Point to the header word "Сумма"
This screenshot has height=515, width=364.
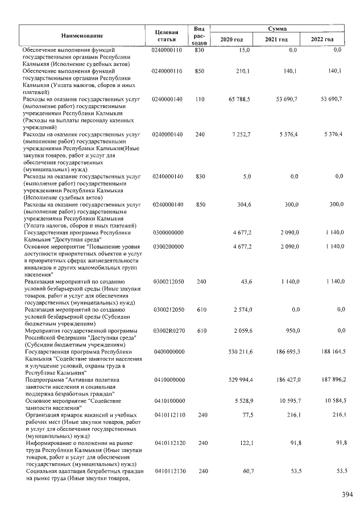[278, 28]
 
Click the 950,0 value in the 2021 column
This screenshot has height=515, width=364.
[292, 331]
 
